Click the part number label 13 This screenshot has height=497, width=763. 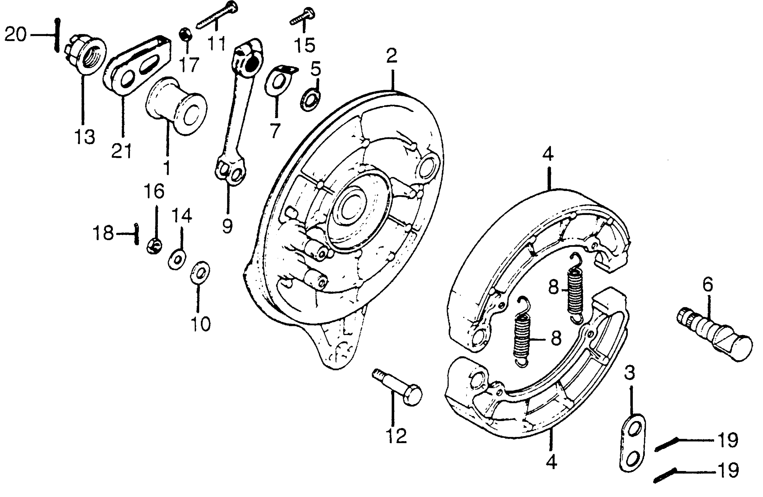pos(85,137)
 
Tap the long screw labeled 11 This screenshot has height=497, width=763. pos(217,15)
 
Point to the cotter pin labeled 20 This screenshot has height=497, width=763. pos(57,35)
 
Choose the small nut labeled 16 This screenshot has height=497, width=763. pos(154,246)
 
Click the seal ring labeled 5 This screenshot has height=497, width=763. pos(310,100)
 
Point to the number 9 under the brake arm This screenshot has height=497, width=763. pos(227,226)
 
